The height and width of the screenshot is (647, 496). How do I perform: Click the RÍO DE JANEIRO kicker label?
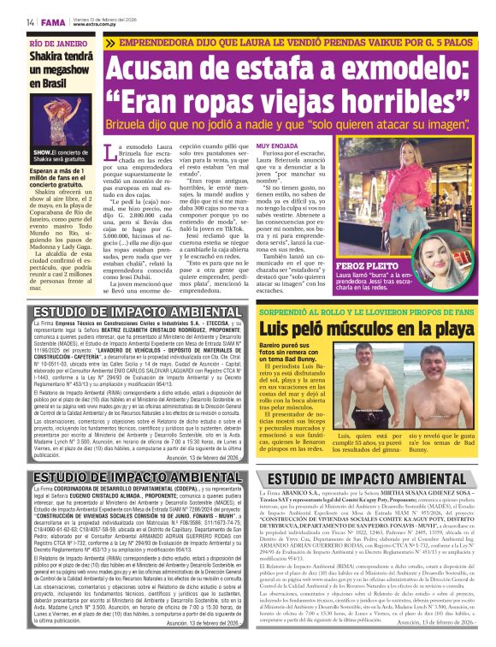(x=58, y=42)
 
